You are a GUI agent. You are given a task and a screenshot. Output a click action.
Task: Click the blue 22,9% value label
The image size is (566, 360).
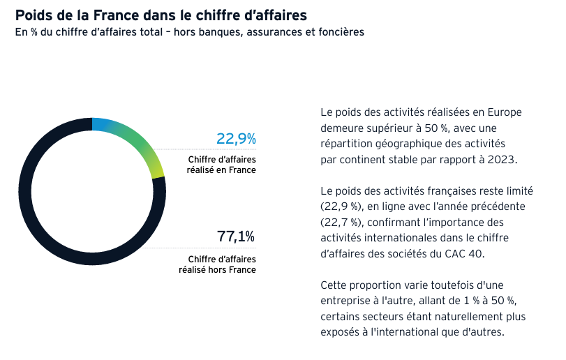click(236, 139)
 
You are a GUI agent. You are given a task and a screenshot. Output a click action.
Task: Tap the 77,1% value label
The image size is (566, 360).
click(236, 237)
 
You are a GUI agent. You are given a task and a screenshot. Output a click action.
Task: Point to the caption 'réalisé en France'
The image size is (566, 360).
click(221, 170)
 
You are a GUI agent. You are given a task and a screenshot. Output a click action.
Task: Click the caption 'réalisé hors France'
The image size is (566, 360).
click(217, 270)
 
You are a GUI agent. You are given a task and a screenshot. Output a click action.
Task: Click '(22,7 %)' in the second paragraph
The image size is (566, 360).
click(341, 222)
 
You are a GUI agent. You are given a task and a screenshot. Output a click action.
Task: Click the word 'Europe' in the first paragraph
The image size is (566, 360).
click(505, 112)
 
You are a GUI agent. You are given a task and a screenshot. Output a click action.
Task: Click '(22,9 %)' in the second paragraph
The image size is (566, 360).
click(341, 207)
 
